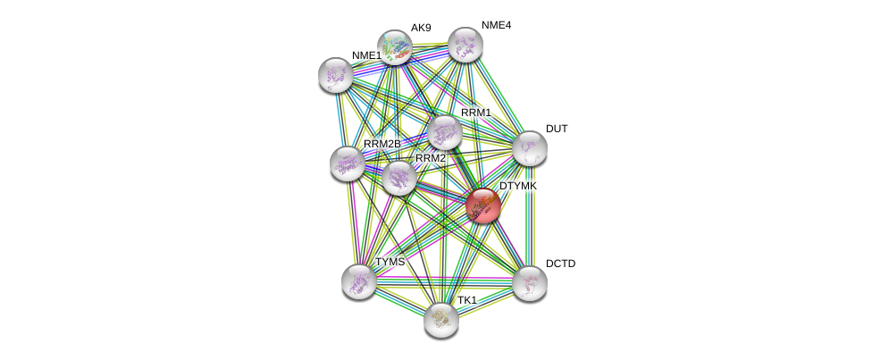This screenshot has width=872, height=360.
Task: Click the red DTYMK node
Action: (x=482, y=205)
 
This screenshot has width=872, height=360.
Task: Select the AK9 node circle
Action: (x=394, y=47)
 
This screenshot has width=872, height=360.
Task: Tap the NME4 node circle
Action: (x=465, y=45)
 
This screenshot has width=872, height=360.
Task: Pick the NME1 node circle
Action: (x=336, y=75)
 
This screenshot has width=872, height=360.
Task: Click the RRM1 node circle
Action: (x=444, y=132)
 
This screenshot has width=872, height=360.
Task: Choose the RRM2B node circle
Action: (x=347, y=163)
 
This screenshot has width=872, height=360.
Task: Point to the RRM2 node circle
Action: (x=398, y=177)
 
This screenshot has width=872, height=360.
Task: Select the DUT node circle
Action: (x=529, y=148)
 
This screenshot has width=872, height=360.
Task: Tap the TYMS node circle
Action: (x=359, y=281)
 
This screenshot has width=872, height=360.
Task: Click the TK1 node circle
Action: (x=440, y=319)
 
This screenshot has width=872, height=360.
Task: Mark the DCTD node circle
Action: (x=529, y=283)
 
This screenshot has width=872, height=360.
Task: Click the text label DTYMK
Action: (x=518, y=186)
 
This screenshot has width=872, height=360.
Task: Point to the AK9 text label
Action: (x=421, y=28)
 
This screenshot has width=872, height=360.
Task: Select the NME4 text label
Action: (x=496, y=25)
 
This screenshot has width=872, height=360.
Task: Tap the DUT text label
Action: (x=557, y=129)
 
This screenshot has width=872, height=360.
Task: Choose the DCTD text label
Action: (x=560, y=264)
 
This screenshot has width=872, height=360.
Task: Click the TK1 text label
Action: (x=467, y=300)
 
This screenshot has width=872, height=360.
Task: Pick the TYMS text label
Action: (x=390, y=262)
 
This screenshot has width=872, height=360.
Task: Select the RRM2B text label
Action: (x=381, y=144)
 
